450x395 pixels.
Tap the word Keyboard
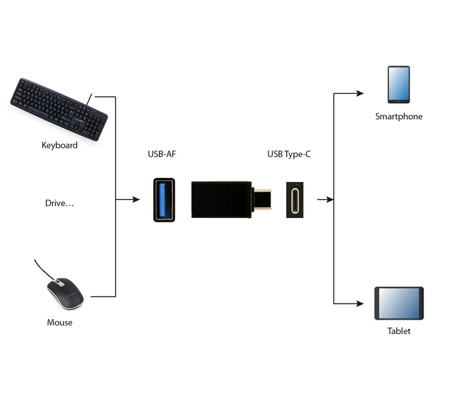60,145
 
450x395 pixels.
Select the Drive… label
60,203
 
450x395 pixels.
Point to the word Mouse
60,322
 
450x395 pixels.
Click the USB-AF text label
163,154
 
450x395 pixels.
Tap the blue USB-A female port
163,199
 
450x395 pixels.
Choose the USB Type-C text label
289,154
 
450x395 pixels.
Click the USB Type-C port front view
296,199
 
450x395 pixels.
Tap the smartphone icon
399,84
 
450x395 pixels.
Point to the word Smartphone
399,116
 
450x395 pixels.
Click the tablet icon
399,303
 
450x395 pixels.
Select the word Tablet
399,331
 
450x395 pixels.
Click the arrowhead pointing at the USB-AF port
136,200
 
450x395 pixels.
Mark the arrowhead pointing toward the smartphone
360,93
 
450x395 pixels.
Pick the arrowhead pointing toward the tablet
360,303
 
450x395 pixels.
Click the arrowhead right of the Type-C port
330,200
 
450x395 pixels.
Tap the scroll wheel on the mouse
59,282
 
